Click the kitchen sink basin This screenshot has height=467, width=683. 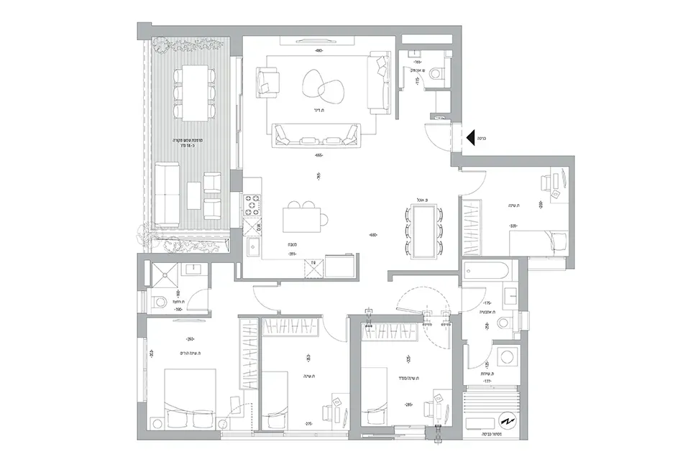tap(253, 247)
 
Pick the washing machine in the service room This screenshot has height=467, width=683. tap(510, 357)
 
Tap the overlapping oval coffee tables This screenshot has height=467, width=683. tap(321, 85)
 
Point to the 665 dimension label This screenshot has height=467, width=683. tap(319, 155)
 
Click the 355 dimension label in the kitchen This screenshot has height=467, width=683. tap(293, 254)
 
